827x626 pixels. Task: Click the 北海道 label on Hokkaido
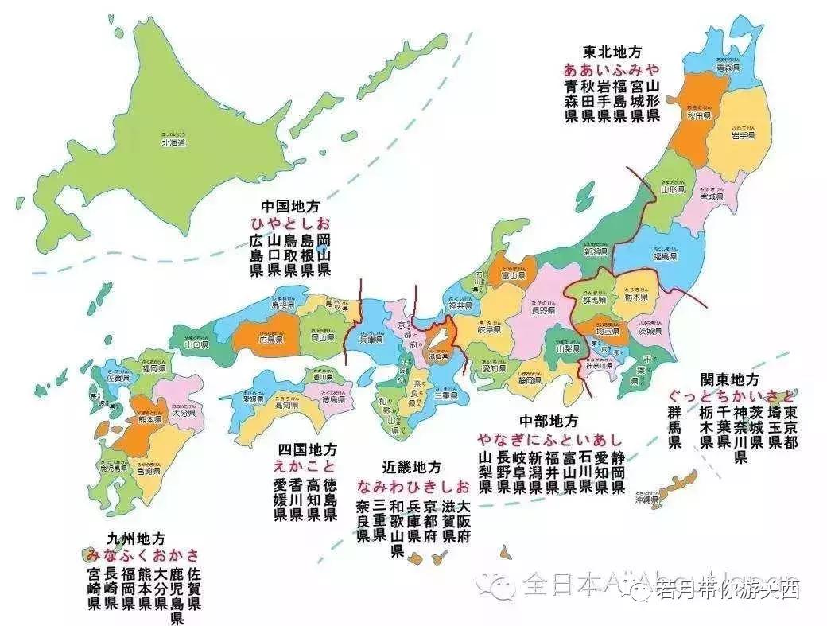(x=173, y=142)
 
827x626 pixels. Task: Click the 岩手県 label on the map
(x=743, y=136)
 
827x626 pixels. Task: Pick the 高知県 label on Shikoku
(x=287, y=404)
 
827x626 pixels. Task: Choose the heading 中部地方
(x=548, y=420)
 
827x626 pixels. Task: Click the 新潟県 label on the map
(x=596, y=251)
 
